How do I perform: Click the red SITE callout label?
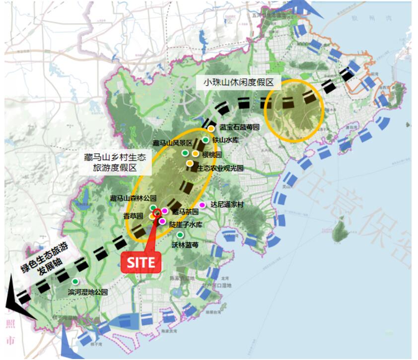point(141,262)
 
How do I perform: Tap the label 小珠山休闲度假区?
point(242,83)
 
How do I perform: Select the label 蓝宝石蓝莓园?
point(239,127)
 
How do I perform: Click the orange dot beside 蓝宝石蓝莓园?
point(211,128)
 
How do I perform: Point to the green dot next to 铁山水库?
point(206,140)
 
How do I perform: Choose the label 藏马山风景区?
point(172,143)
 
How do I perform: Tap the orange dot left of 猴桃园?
point(196,154)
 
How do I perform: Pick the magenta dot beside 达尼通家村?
point(202,205)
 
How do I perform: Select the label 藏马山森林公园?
point(133,198)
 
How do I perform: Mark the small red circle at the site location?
point(157,213)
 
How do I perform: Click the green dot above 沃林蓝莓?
point(180,235)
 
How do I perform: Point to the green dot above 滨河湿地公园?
point(75,281)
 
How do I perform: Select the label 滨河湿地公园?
point(88,292)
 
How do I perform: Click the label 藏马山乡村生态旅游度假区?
point(115,162)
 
